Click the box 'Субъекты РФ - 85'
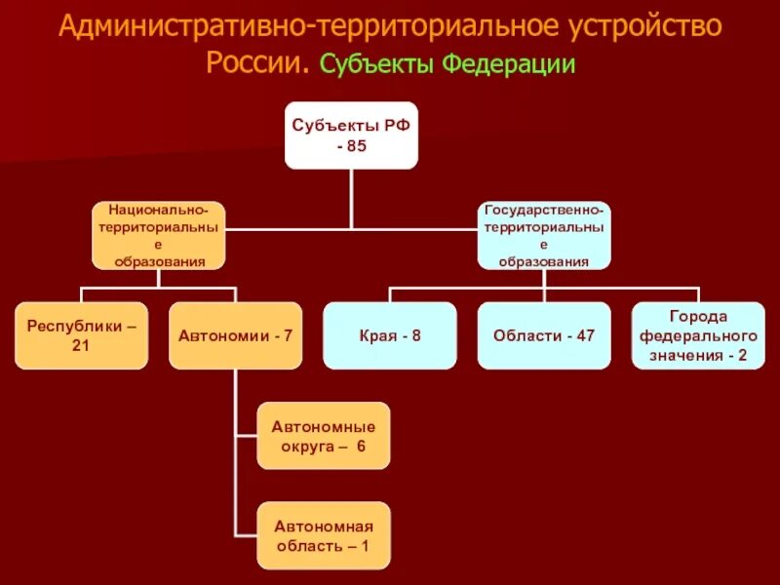click(351, 135)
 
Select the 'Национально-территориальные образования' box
click(159, 235)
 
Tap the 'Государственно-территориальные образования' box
click(544, 235)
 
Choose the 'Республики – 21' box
click(81, 335)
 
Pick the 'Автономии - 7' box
click(235, 335)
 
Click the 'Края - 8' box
click(389, 335)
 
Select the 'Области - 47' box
click(544, 335)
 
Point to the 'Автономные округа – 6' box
click(324, 436)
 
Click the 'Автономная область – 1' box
click(324, 535)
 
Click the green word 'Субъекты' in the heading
click(377, 64)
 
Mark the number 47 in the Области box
click(584, 335)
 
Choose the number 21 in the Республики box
click(81, 345)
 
